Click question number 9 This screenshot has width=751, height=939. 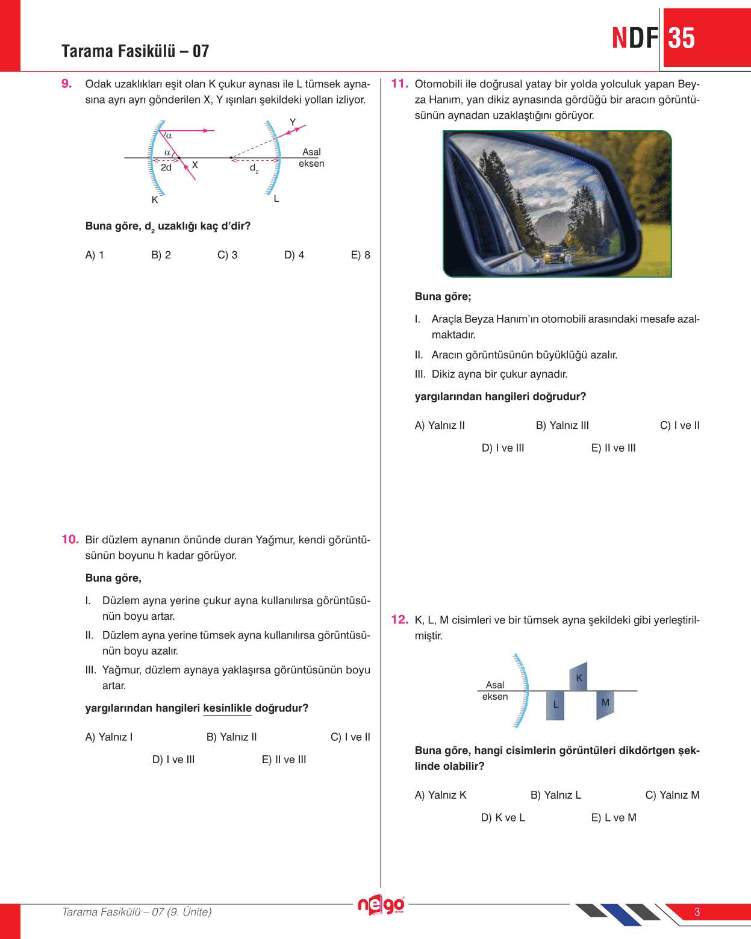coord(66,84)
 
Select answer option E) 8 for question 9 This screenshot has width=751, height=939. coord(360,255)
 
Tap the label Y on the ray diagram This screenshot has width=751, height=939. coord(293,122)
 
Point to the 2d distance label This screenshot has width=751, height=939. coord(166,167)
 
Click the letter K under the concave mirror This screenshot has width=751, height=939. coord(155,199)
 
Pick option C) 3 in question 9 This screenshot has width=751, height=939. coord(227,255)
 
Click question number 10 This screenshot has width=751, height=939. coord(70,540)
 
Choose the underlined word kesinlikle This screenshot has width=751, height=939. coord(227,708)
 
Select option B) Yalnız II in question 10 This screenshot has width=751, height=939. coord(231,737)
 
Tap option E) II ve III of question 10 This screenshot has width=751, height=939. coord(284,760)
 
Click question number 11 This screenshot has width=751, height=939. coord(399,84)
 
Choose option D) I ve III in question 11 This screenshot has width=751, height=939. coord(503,448)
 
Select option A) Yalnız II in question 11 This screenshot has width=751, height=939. coord(440,425)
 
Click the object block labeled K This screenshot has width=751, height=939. coord(579,677)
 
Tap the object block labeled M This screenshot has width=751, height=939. coord(605,703)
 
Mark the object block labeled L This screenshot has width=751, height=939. coord(555,705)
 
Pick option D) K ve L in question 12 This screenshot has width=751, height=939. coord(503,817)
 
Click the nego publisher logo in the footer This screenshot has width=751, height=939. coord(381,905)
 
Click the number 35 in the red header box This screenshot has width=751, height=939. coord(681,39)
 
